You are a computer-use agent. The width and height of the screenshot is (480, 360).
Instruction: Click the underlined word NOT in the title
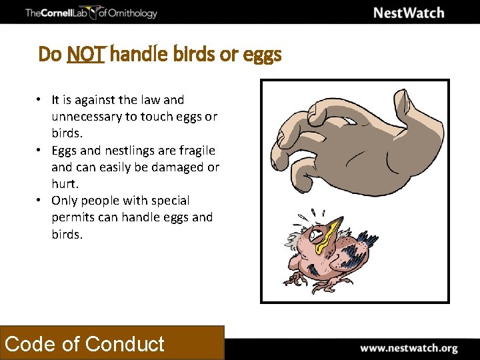pyautogui.click(x=85, y=54)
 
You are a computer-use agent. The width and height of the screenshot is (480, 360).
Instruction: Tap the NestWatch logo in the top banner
pyautogui.click(x=408, y=13)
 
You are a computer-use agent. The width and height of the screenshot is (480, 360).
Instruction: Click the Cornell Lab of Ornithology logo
pyautogui.click(x=91, y=13)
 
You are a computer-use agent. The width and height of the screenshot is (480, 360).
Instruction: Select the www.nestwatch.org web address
pyautogui.click(x=409, y=348)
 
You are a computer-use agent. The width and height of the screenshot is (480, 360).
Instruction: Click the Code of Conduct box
pyautogui.click(x=112, y=343)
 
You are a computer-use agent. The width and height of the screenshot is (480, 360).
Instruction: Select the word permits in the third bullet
pyautogui.click(x=72, y=217)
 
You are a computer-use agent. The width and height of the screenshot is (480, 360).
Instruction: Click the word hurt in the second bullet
pyautogui.click(x=65, y=183)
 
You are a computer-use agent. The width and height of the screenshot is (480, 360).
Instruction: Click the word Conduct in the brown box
pyautogui.click(x=125, y=344)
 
